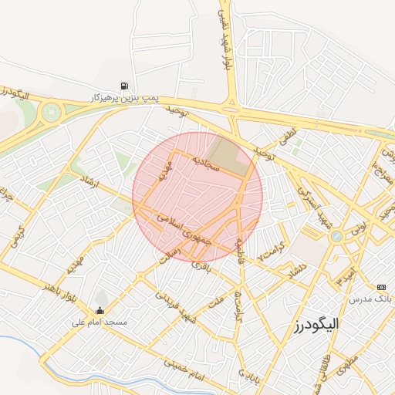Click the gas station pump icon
coord(124,86)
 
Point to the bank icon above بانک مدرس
coord(380,287)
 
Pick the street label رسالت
coord(168,255)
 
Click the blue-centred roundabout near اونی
coord(336,237)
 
